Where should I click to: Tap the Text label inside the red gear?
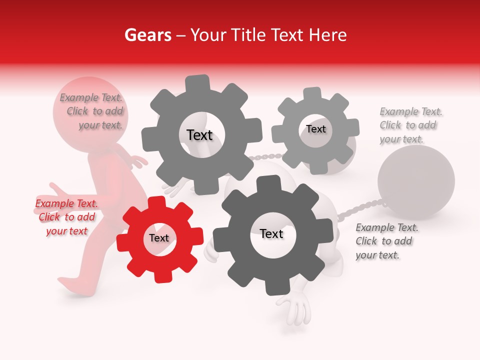[x=159, y=238]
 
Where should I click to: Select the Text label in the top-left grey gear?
[x=199, y=135]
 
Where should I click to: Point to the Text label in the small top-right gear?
[x=316, y=129]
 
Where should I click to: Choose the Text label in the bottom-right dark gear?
[x=271, y=233]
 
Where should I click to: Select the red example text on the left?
[x=66, y=217]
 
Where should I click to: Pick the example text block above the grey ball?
[x=410, y=125]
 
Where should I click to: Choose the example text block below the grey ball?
[x=386, y=241]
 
